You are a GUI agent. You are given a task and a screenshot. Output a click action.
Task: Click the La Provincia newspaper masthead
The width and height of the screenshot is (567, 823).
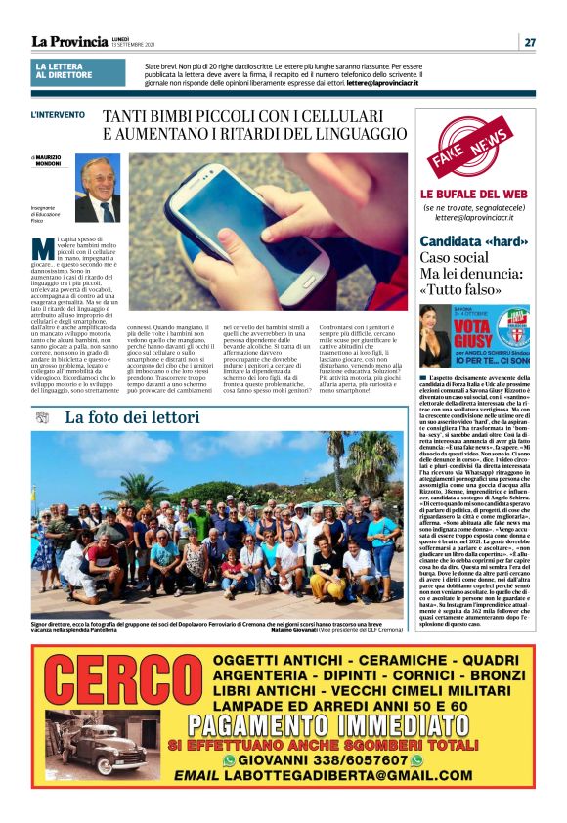(69, 41)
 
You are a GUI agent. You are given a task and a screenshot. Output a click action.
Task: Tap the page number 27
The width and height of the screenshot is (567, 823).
(529, 42)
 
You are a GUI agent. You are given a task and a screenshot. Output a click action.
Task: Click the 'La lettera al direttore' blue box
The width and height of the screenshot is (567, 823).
(78, 71)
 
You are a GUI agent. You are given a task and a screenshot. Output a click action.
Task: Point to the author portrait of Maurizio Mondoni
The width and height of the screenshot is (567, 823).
(98, 188)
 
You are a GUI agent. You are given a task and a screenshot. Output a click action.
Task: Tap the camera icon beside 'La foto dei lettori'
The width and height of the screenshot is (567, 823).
(41, 417)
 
